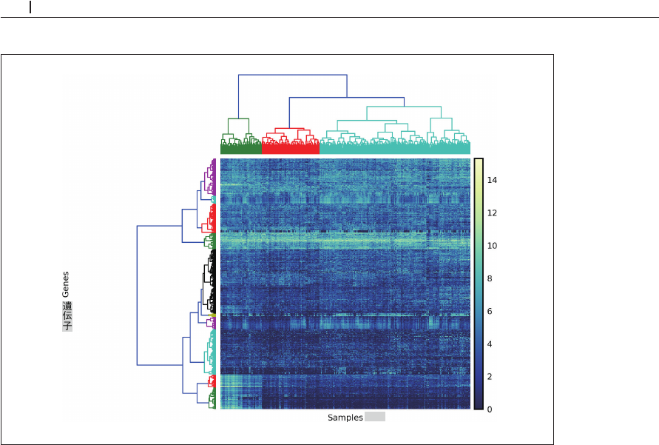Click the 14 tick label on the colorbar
[492, 180]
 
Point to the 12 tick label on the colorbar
[492, 213]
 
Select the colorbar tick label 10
[492, 246]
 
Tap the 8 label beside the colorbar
[490, 278]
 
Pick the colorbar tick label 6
[490, 311]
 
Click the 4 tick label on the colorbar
[490, 344]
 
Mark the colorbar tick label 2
[490, 376]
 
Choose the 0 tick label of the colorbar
[490, 409]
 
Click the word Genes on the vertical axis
[66, 284]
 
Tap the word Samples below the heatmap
[345, 418]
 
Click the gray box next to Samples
[375, 417]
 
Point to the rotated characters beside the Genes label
[67, 316]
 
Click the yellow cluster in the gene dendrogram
[212, 315]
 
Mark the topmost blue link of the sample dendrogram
[292, 75]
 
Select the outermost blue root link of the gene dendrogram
[137, 295]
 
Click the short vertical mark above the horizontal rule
[30, 7]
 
